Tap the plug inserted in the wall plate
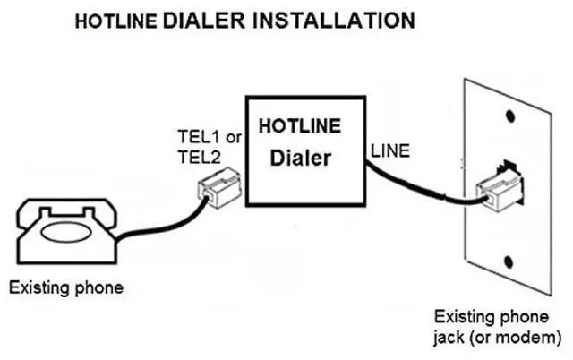498,188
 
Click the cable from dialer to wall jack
421,190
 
